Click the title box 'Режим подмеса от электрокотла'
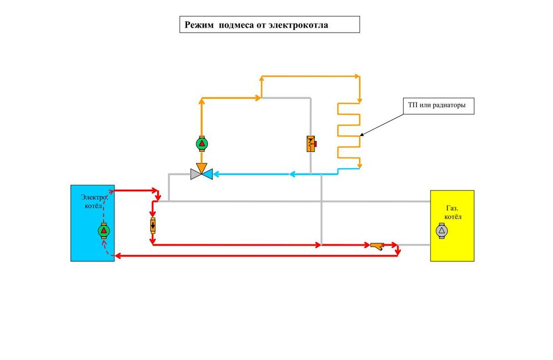(x=269, y=24)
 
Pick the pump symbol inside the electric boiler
(x=104, y=230)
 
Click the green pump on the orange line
(x=202, y=144)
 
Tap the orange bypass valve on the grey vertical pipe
(x=311, y=144)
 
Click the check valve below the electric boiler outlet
(x=153, y=226)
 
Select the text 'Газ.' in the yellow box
(x=452, y=208)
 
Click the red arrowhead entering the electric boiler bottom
(x=117, y=255)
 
